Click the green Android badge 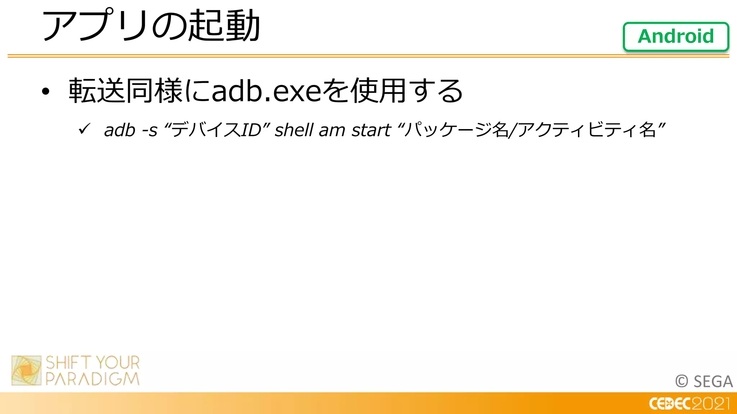676,37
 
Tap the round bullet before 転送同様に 45,92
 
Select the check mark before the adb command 84,129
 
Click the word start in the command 371,130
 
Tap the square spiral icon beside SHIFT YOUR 26,371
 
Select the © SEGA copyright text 704,382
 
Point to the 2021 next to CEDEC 711,404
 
